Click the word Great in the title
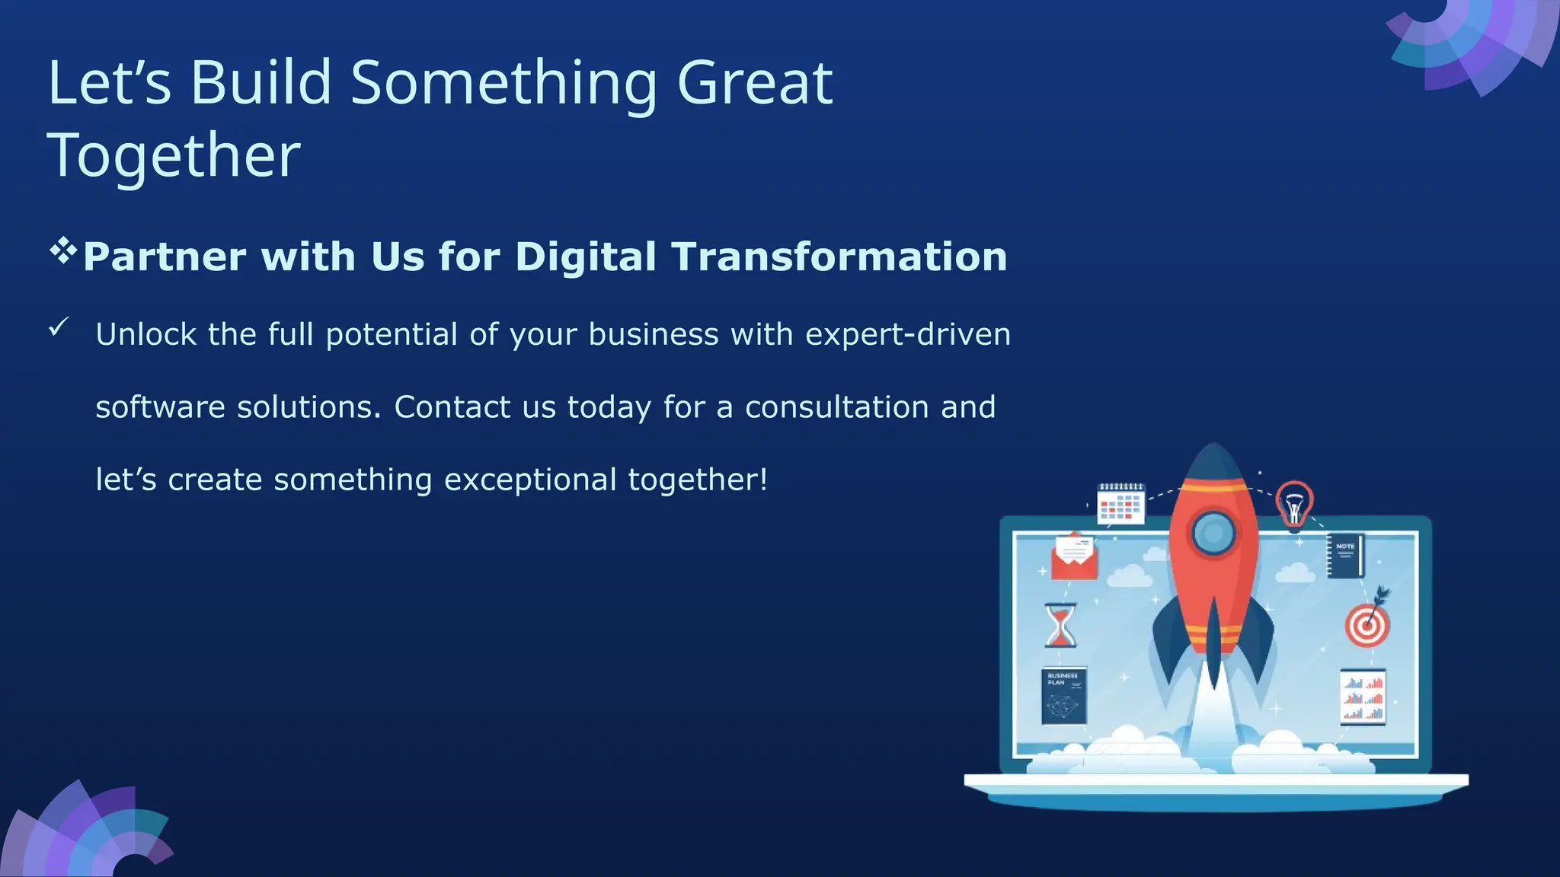[x=754, y=84]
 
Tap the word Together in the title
[x=174, y=156]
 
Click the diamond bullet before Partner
[x=63, y=251]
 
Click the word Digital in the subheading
[x=585, y=257]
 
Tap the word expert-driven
[x=907, y=334]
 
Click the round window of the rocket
[x=1213, y=532]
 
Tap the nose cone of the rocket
[x=1213, y=464]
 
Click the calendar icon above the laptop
[x=1120, y=503]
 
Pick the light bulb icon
[x=1293, y=503]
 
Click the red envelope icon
[x=1074, y=556]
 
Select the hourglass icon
[x=1060, y=625]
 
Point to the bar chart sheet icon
[x=1363, y=697]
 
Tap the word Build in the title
[x=261, y=84]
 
